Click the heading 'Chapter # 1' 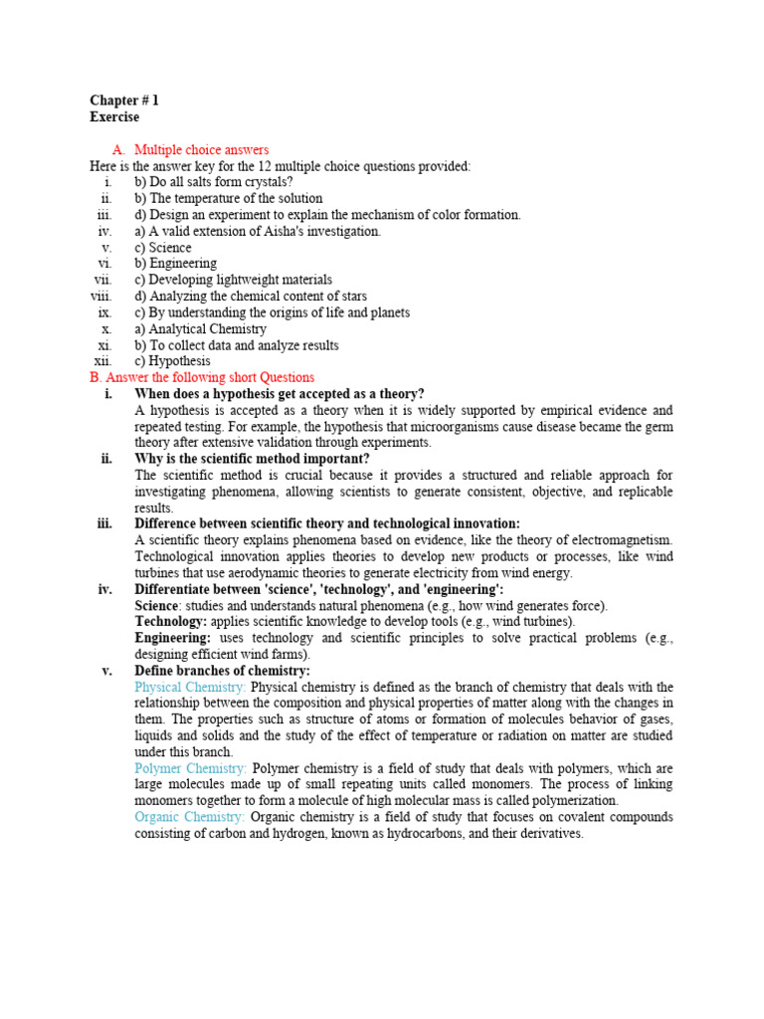(x=124, y=101)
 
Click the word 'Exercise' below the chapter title (x=114, y=116)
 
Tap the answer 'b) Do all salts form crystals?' (x=213, y=182)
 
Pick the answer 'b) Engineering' (x=175, y=264)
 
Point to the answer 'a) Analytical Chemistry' (x=200, y=328)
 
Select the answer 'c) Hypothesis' (x=172, y=361)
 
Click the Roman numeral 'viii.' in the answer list (x=101, y=297)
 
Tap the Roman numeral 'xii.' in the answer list (x=103, y=361)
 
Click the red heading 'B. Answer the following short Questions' (x=202, y=377)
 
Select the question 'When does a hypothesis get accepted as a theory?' (x=279, y=394)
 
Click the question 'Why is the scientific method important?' (x=252, y=459)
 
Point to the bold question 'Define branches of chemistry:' (x=222, y=671)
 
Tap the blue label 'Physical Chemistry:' (x=190, y=688)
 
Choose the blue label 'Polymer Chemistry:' (x=190, y=768)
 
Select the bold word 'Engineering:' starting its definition (x=173, y=638)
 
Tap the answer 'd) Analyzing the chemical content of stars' (x=251, y=297)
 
